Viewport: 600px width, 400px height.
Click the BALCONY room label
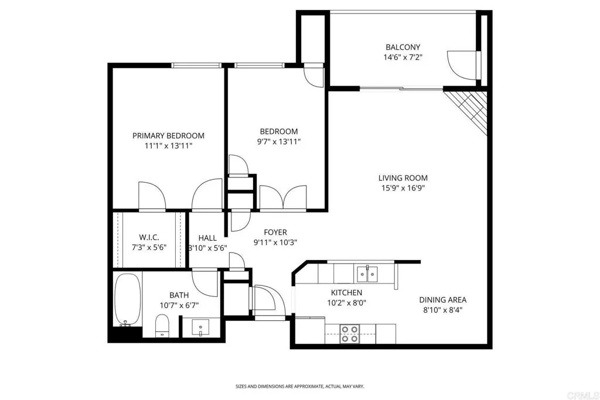coord(403,47)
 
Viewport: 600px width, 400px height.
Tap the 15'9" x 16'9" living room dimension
coord(403,188)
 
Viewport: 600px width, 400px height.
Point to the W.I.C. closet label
coord(149,237)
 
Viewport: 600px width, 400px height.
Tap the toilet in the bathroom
coord(162,325)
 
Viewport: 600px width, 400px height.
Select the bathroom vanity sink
coord(200,326)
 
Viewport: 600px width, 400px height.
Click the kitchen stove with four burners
coord(350,334)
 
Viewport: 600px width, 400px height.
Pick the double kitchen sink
coord(367,272)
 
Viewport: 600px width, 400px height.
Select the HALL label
coord(207,238)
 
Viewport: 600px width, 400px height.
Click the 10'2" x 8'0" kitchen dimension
coord(346,303)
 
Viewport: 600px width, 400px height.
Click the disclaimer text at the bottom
coord(299,387)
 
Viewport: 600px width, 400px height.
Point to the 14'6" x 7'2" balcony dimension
coord(403,57)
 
